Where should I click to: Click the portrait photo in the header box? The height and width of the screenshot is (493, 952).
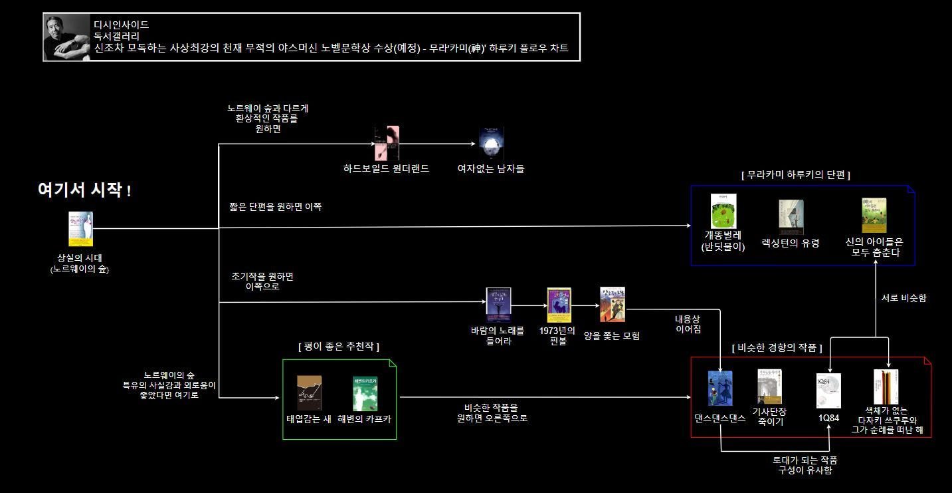tap(67, 37)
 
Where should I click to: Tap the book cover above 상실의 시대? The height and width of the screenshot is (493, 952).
tap(80, 229)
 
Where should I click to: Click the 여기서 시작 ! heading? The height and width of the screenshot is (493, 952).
tap(84, 190)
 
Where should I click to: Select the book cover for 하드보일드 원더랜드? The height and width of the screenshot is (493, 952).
tap(387, 143)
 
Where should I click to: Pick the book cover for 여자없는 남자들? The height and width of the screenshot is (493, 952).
tap(491, 143)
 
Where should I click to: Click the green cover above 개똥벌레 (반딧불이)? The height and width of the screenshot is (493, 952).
tap(723, 212)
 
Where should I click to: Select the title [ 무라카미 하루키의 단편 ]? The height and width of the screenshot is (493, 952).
tap(796, 174)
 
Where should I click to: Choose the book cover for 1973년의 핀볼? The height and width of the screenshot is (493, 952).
tap(559, 305)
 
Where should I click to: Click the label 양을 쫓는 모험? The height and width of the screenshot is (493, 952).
tap(611, 336)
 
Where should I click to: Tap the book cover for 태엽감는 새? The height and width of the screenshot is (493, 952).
tap(309, 394)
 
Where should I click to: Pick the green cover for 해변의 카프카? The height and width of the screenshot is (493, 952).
tap(365, 394)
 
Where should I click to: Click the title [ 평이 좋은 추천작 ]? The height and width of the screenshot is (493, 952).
tap(339, 347)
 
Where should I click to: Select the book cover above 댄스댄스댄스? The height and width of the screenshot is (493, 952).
tap(720, 389)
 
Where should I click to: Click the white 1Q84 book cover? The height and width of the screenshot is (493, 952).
tap(828, 391)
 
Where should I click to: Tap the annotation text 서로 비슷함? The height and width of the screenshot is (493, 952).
tap(904, 298)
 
